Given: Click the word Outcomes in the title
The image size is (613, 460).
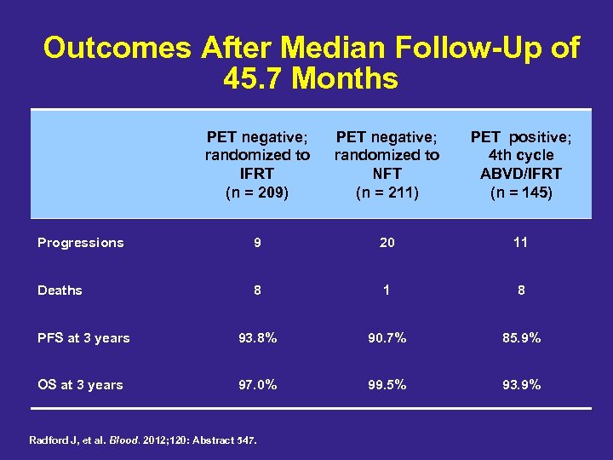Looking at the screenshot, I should (x=117, y=48).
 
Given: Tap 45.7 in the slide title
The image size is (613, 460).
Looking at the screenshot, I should (x=252, y=79).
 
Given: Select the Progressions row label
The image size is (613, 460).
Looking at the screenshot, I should (x=81, y=243).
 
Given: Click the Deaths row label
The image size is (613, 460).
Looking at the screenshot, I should (x=60, y=290).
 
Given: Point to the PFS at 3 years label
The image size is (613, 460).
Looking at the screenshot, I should (x=83, y=338).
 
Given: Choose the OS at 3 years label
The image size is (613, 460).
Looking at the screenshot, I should (x=80, y=385).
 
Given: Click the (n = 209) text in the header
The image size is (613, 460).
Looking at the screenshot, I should (x=257, y=193).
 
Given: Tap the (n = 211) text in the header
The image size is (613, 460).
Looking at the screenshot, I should (x=387, y=193).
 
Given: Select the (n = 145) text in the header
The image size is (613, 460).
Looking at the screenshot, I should (x=521, y=193).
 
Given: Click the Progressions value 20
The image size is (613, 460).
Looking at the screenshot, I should (x=387, y=243).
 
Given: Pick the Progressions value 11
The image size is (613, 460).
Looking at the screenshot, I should (x=520, y=243).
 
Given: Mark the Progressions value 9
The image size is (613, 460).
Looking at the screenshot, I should (x=257, y=243).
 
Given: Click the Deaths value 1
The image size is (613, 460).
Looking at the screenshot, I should (x=387, y=290).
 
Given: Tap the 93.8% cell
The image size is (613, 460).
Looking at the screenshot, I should (x=257, y=338).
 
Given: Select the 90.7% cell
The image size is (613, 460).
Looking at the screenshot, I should (x=387, y=338).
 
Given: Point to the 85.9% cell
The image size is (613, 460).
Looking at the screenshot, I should (x=520, y=338).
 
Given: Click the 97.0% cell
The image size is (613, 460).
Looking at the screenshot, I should (x=257, y=385).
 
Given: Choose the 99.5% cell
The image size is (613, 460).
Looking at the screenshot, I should (x=387, y=385).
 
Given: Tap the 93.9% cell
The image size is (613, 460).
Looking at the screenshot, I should (x=520, y=385).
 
